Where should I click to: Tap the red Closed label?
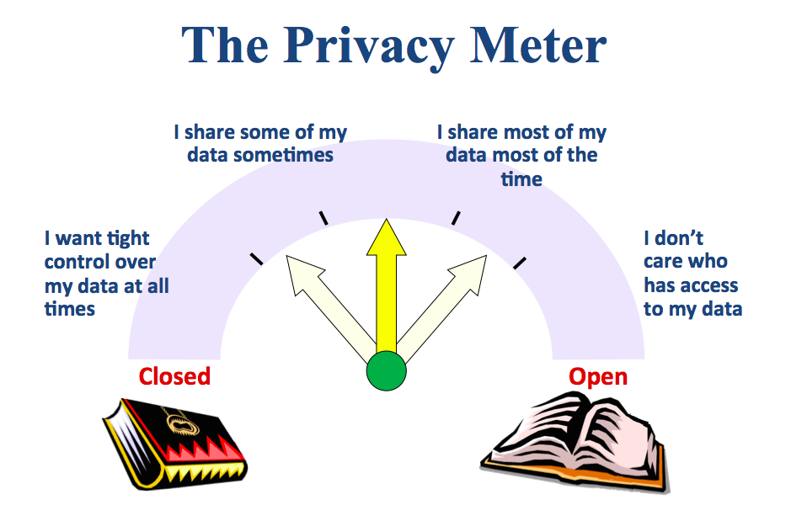(x=174, y=376)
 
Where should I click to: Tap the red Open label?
(x=598, y=376)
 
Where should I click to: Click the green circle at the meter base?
(x=387, y=371)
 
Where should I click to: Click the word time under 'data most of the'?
(x=521, y=178)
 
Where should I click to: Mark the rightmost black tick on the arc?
(x=520, y=263)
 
